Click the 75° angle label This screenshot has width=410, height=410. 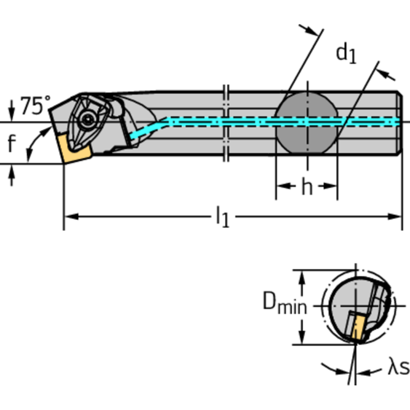click(35, 106)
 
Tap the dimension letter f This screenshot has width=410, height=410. click(12, 143)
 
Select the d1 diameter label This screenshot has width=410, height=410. click(346, 53)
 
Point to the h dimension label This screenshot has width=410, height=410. click(306, 187)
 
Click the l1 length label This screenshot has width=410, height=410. click(222, 217)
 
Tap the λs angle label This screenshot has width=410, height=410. click(397, 368)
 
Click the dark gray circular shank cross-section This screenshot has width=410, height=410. click(307, 123)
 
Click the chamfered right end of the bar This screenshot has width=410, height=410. click(399, 123)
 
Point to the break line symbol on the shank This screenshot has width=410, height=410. click(226, 123)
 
